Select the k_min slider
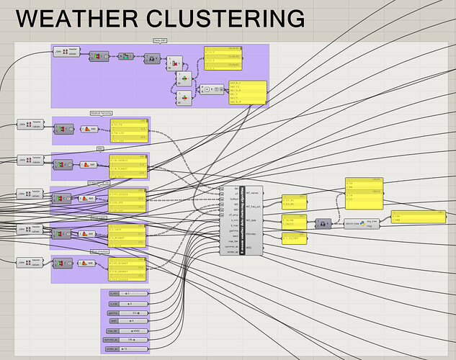[x=125, y=294]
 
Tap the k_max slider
[x=125, y=305]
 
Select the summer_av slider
[x=125, y=339]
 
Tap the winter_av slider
[x=125, y=349]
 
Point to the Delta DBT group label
[x=160, y=41]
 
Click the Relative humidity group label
[x=101, y=113]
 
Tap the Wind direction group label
[x=101, y=251]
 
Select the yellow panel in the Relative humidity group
[x=128, y=130]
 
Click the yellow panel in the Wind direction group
[x=128, y=269]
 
